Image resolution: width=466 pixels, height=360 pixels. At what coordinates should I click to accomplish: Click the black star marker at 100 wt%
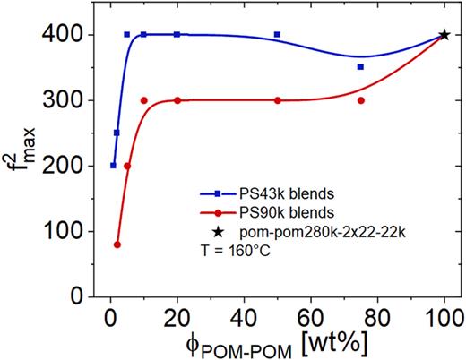(x=444, y=35)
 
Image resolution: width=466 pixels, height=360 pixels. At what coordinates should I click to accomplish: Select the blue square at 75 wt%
(x=360, y=67)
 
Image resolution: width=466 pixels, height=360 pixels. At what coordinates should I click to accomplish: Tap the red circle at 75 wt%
(x=360, y=100)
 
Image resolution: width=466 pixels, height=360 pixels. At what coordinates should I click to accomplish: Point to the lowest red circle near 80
(x=117, y=244)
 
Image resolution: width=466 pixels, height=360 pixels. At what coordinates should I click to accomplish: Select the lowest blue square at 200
(x=113, y=166)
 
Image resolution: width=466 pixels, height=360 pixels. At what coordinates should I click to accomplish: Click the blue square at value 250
(x=117, y=133)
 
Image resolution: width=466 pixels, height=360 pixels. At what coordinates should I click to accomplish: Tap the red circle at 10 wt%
(x=143, y=100)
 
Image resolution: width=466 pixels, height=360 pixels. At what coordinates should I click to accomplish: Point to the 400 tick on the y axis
(x=71, y=35)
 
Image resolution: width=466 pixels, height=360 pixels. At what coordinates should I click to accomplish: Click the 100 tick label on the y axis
(x=71, y=231)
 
